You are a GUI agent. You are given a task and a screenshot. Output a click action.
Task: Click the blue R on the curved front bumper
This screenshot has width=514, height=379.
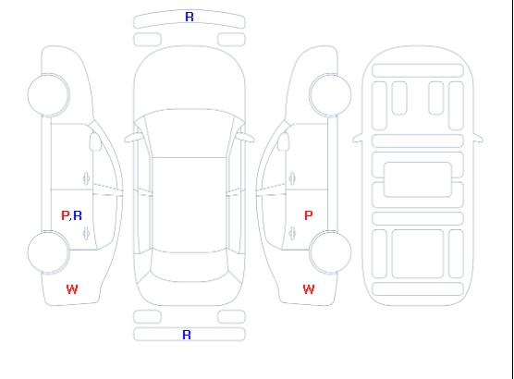190,17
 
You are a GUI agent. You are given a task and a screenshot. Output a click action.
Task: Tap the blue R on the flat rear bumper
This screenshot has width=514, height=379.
187,335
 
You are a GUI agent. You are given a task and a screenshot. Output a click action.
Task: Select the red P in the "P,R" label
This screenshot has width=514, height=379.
65,215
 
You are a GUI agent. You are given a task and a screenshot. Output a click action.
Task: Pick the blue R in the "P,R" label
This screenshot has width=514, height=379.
78,215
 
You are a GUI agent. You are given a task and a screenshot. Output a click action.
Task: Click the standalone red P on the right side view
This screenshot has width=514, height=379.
309,215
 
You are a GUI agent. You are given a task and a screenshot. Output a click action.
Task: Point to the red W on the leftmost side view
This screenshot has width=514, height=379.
72,289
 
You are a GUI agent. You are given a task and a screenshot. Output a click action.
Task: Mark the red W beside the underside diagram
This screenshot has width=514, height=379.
309,289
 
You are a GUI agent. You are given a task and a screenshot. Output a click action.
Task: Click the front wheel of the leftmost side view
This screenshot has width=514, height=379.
48,95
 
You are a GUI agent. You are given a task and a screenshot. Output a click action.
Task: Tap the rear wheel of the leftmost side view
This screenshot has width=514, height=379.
48,252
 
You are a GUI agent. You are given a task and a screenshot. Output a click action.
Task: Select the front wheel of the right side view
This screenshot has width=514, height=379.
330,95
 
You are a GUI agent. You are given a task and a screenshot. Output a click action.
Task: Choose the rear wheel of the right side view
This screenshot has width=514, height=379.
330,252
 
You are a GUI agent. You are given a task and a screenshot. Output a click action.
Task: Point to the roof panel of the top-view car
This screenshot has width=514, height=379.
190,205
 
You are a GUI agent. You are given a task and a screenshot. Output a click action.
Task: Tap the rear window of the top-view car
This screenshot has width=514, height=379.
190,266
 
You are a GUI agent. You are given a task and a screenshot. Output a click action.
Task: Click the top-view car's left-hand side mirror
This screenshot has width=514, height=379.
132,138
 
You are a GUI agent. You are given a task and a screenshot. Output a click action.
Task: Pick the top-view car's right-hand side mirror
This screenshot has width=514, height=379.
246,138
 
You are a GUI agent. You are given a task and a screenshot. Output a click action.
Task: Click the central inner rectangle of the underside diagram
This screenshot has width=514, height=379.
418,179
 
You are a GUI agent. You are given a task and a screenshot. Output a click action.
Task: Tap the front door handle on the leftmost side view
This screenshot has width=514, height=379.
87,178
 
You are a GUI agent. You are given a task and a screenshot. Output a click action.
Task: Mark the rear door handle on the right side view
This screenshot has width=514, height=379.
292,233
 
